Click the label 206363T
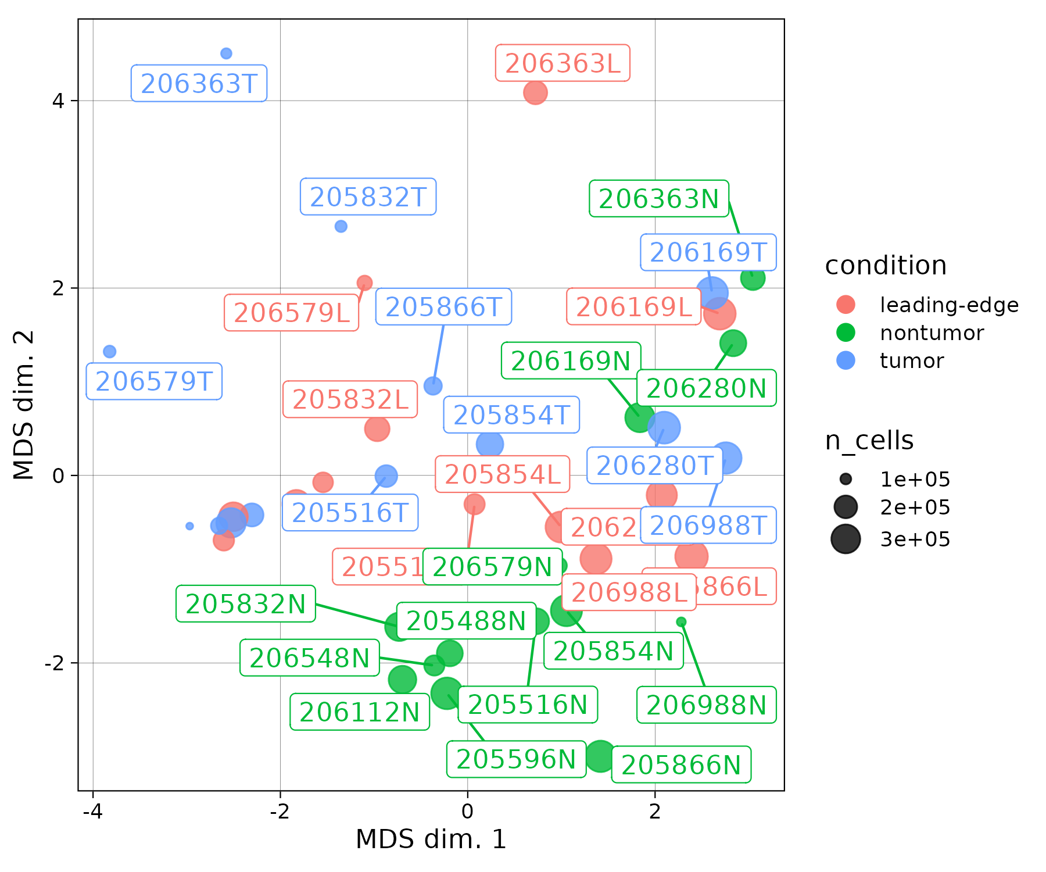(199, 84)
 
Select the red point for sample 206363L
(535, 92)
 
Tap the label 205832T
(368, 197)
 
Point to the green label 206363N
(659, 199)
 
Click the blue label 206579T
(154, 382)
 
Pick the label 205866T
(443, 307)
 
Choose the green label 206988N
(707, 705)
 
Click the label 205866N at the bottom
(681, 765)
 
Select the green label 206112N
(360, 712)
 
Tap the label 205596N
(516, 759)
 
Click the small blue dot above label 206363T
(226, 53)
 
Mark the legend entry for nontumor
(932, 333)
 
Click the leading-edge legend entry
(948, 305)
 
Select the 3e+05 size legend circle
(846, 539)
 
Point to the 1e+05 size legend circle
(846, 479)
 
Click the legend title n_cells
(869, 441)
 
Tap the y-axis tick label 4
(58, 101)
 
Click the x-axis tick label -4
(92, 811)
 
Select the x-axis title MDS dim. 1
(431, 839)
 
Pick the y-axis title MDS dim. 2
(24, 405)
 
